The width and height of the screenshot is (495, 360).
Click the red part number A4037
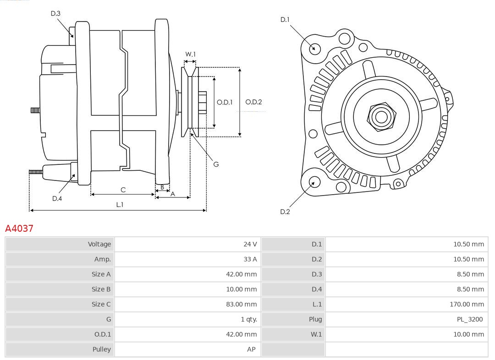(19, 228)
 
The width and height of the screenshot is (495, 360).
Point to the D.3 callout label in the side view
(55, 14)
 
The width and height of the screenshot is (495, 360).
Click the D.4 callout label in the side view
(57, 198)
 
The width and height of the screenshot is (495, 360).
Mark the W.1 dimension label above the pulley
(190, 54)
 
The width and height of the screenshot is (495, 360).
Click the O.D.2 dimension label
(253, 102)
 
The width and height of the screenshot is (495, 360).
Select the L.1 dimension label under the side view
(119, 205)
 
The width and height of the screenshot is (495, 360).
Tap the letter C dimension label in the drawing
(123, 190)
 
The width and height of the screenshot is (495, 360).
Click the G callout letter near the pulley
(216, 164)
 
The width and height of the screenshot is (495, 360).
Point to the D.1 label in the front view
(285, 20)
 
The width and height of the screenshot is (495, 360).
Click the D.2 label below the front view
(285, 212)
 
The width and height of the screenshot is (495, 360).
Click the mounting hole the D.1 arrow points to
(315, 48)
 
